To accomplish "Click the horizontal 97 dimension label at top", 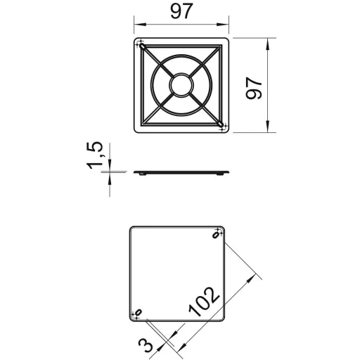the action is (181, 11).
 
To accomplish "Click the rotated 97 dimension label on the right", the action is (254, 88).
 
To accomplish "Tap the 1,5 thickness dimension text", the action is (94, 155).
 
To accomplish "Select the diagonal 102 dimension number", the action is (204, 302).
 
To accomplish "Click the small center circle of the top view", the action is (181, 85).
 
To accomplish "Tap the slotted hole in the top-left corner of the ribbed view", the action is (142, 46).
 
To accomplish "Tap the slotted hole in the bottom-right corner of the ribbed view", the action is (221, 124).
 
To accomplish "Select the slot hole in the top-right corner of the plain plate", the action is (216, 235).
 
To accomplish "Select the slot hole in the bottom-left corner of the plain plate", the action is (139, 312).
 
